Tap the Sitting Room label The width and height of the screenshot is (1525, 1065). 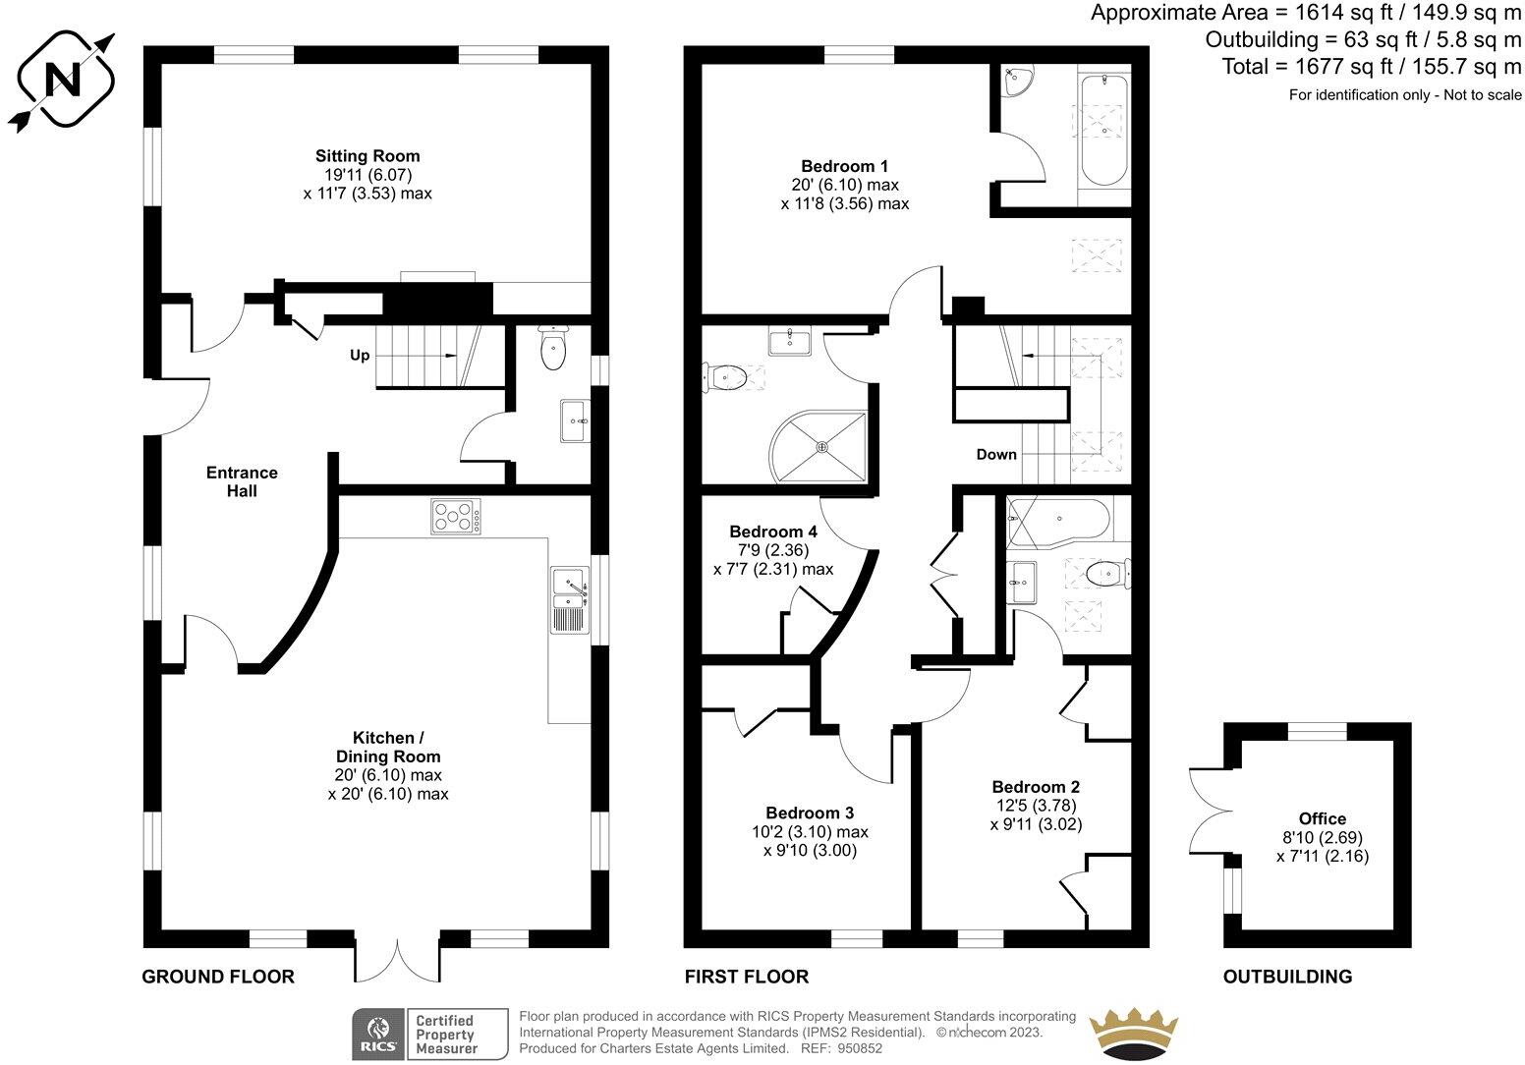(x=367, y=155)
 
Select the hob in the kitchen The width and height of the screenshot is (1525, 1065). (x=456, y=517)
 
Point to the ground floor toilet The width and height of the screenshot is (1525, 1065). (x=553, y=350)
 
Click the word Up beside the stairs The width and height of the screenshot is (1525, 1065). (x=360, y=356)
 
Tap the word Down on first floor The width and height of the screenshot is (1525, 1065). (x=996, y=454)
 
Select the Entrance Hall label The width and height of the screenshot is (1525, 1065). (x=242, y=481)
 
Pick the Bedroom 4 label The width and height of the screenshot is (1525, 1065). (x=772, y=532)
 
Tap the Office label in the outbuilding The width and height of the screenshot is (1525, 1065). (x=1322, y=818)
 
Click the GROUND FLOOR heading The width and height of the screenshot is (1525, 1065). (x=218, y=977)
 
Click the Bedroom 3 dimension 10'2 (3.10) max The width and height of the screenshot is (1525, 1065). (x=810, y=831)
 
